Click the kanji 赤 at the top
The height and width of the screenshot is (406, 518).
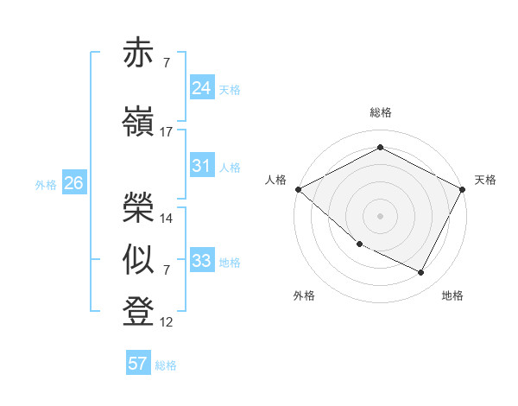pyautogui.click(x=140, y=54)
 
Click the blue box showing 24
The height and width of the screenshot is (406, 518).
pyautogui.click(x=201, y=87)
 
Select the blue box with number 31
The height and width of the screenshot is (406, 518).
pyautogui.click(x=201, y=165)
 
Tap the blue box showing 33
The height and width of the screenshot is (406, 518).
pyautogui.click(x=201, y=260)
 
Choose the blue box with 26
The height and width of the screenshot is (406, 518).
pyautogui.click(x=73, y=182)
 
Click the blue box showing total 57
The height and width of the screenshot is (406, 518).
pyautogui.click(x=137, y=363)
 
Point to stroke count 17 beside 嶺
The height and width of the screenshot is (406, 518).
pyautogui.click(x=167, y=131)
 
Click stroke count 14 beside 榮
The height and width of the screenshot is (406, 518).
pyautogui.click(x=167, y=218)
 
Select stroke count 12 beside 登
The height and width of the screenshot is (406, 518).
pyautogui.click(x=167, y=322)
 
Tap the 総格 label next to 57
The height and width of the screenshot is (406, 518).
pyautogui.click(x=166, y=365)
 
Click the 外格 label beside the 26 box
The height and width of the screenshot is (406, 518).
pyautogui.click(x=46, y=184)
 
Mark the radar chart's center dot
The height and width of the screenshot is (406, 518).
pyautogui.click(x=380, y=215)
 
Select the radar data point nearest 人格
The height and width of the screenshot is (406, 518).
pyautogui.click(x=298, y=189)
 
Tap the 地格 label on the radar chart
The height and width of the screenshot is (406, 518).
pyautogui.click(x=452, y=295)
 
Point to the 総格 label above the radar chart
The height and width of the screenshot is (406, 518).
pyautogui.click(x=381, y=112)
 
